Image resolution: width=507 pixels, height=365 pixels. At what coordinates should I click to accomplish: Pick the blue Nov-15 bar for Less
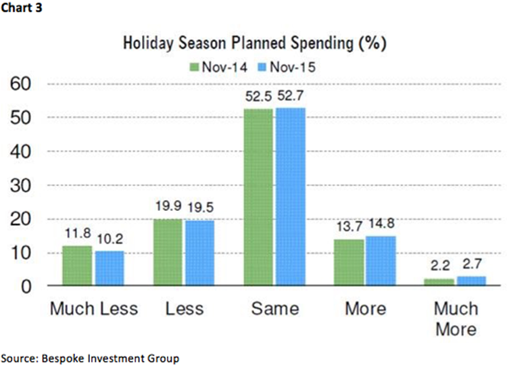point(200,253)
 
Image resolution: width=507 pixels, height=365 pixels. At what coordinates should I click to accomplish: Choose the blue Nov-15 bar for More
point(381,261)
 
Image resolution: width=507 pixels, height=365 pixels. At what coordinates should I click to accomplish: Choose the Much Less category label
point(94,309)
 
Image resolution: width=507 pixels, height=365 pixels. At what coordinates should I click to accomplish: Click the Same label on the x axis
point(274,309)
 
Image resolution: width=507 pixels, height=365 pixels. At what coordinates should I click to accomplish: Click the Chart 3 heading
point(22,8)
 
